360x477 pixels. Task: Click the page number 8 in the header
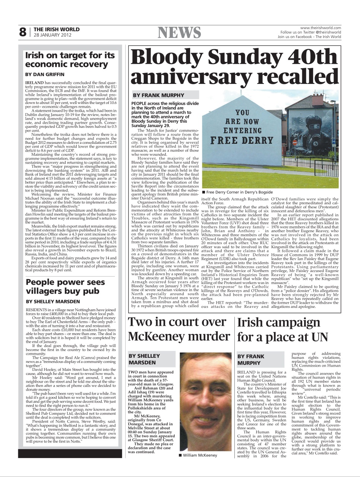point(23,32)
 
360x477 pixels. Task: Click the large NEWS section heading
point(180,33)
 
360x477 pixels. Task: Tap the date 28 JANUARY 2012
point(52,35)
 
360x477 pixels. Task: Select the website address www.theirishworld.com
point(320,28)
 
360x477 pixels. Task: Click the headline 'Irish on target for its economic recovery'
point(70,60)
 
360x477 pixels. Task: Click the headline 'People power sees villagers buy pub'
point(65,287)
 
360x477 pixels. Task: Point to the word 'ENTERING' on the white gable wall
point(243,131)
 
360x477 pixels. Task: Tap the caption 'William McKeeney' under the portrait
point(199,455)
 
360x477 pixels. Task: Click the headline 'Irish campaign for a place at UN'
point(282,329)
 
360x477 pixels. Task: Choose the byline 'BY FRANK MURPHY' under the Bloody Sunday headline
point(159,95)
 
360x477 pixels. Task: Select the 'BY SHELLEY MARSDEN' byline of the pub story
point(53,301)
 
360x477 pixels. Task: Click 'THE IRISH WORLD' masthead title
point(57,29)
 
